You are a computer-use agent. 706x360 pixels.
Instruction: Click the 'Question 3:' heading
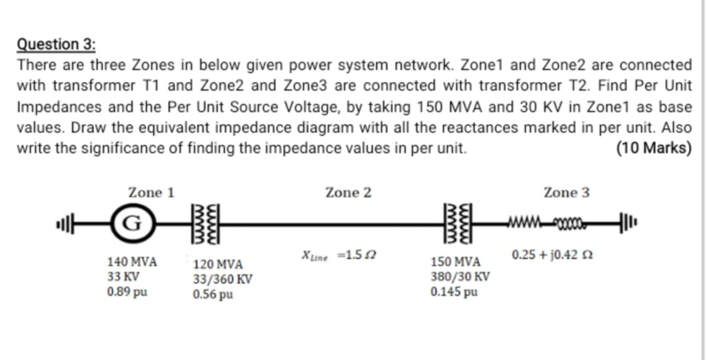coord(56,44)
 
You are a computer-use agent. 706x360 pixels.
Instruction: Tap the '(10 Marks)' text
coord(653,149)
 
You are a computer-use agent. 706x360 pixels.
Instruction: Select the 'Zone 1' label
coord(151,193)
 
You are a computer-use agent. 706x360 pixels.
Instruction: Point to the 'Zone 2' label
coord(349,193)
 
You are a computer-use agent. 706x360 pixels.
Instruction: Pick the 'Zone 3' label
coord(566,193)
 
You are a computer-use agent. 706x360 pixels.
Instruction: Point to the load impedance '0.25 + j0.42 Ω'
coord(552,255)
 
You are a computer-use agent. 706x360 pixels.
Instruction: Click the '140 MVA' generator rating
coord(133,262)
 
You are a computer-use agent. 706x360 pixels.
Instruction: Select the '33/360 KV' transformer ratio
coord(223,279)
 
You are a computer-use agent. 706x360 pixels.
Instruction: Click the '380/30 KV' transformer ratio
coord(460,277)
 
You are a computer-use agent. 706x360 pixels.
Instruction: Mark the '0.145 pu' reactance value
coord(454,292)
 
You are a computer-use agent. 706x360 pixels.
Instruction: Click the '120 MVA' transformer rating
coord(218,264)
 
